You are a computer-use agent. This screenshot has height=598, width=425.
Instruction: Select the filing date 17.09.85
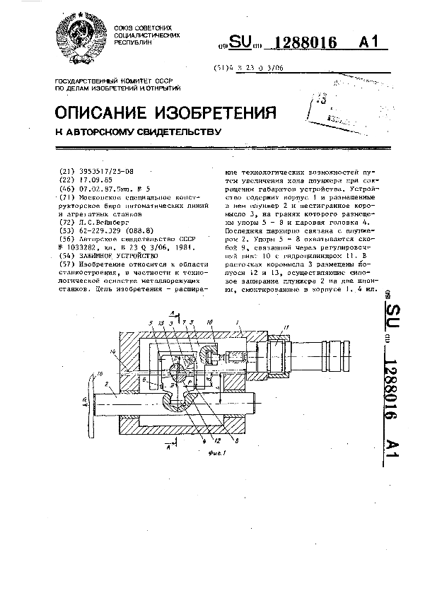click(x=91, y=180)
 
